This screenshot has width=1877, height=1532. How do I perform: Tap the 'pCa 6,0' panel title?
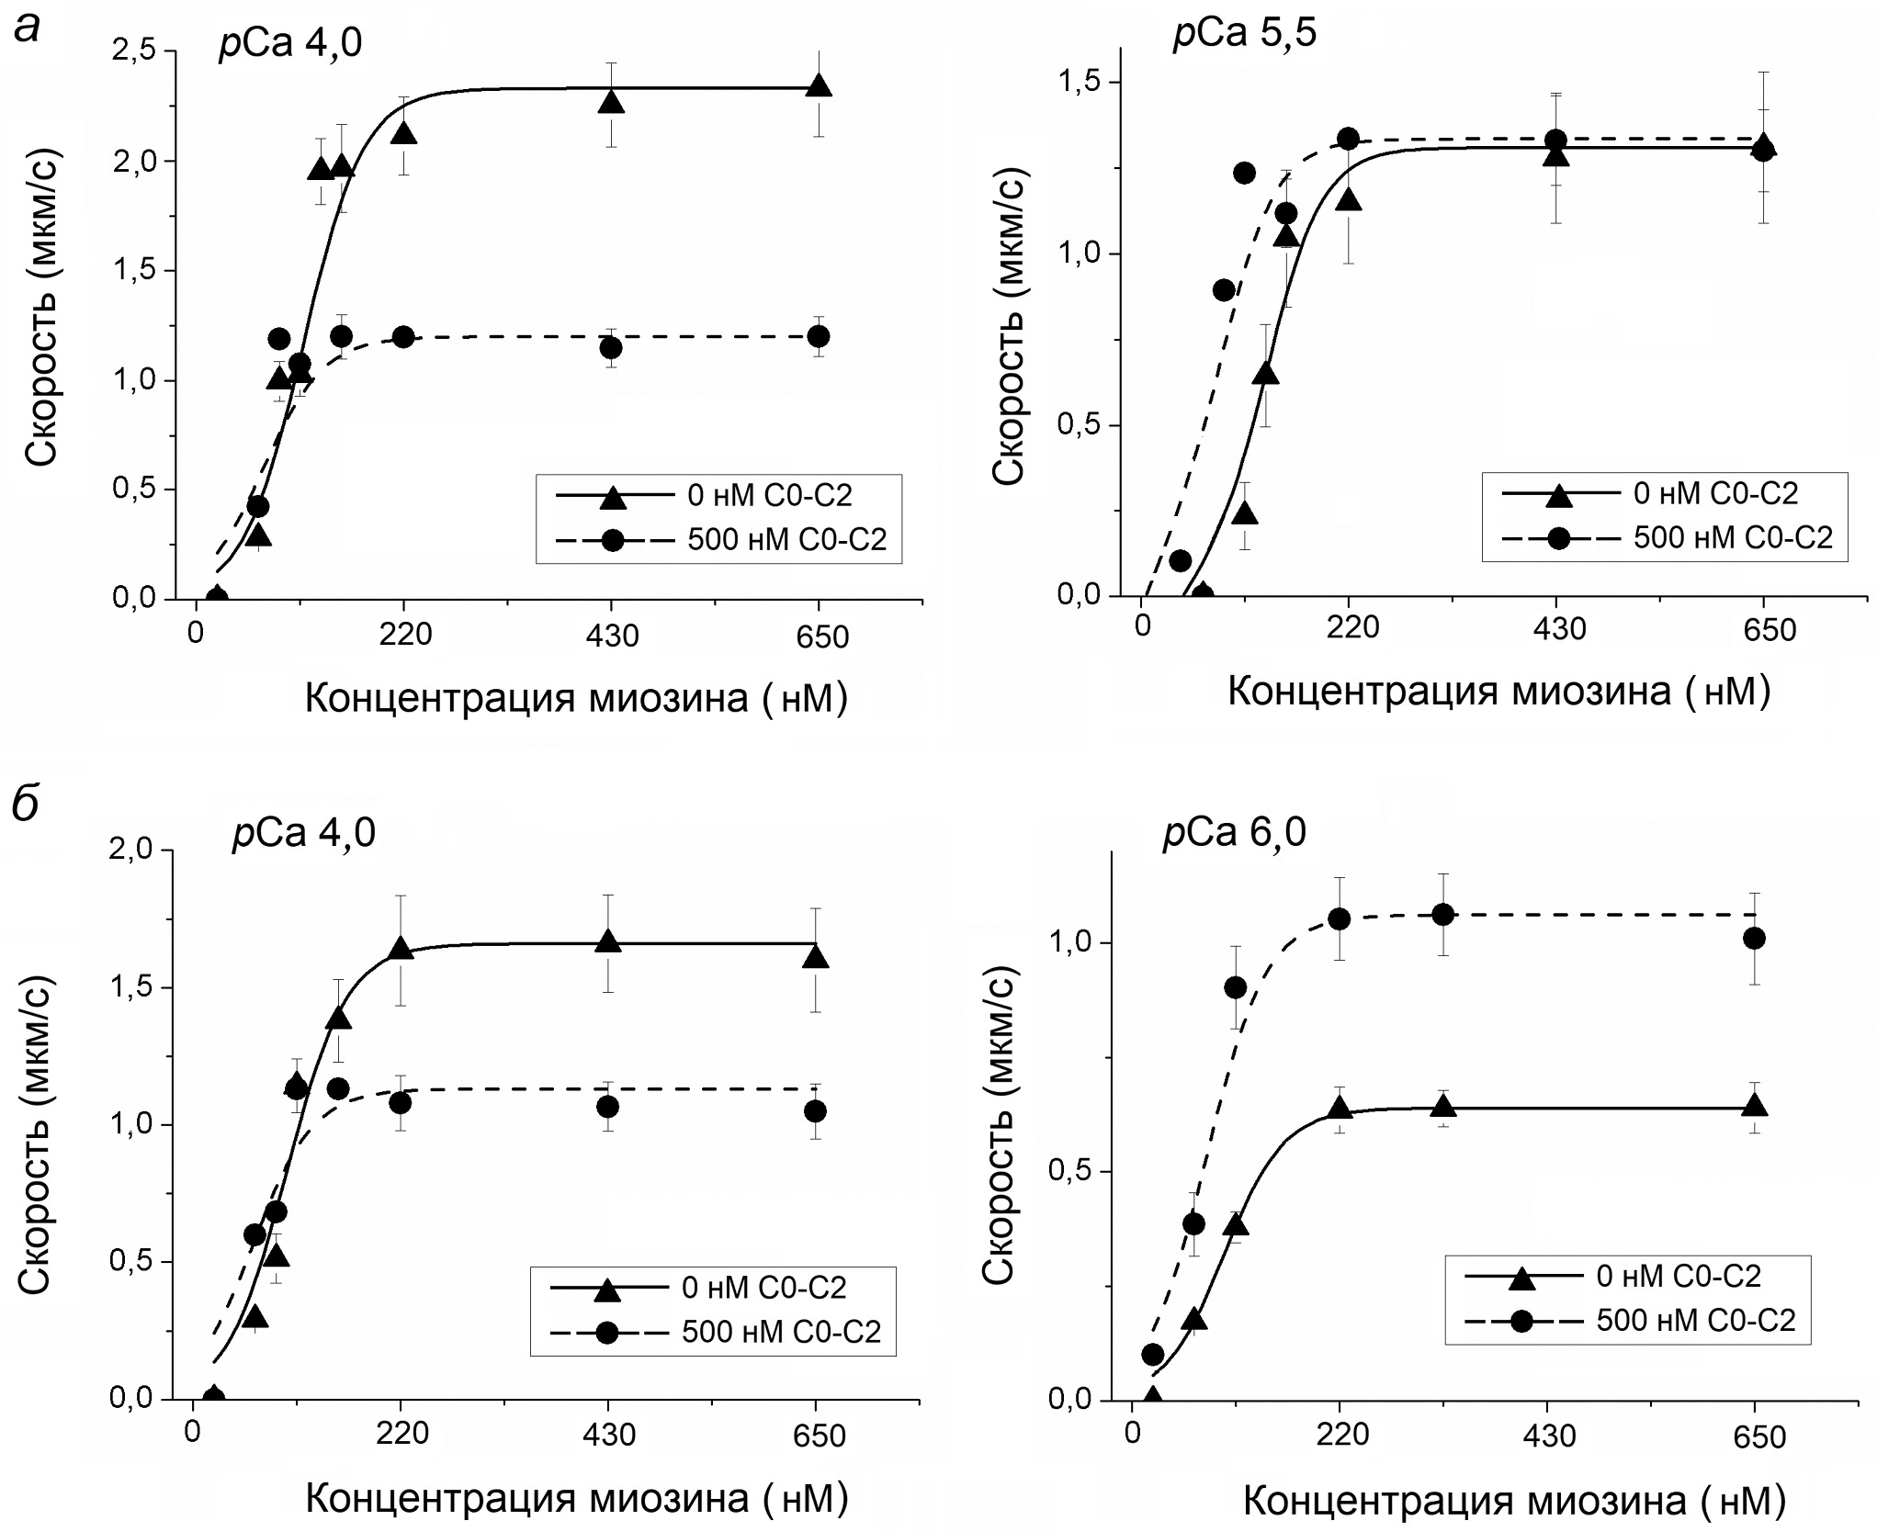[x=1234, y=832]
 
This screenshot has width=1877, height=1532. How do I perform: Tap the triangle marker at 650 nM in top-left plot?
[x=819, y=86]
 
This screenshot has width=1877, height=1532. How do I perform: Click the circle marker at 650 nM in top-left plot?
[x=819, y=336]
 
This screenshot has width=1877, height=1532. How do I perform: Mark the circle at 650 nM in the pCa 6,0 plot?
[x=1754, y=938]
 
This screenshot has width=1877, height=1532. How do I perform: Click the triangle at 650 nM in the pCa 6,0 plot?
[x=1754, y=1106]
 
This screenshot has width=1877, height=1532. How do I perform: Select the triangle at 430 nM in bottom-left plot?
[x=607, y=941]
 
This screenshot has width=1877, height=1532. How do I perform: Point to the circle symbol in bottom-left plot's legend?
[x=606, y=1332]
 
